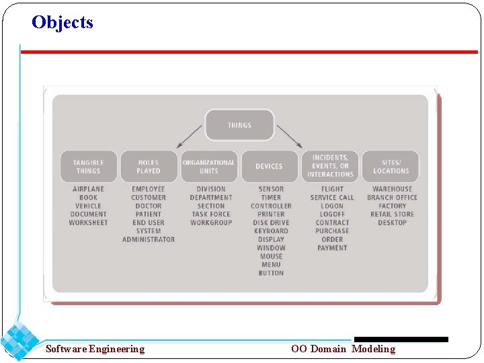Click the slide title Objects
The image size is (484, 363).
[x=62, y=22]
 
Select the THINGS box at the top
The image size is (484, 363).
[x=239, y=125]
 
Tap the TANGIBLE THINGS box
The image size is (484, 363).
[x=88, y=166]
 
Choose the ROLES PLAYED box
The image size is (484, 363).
[x=149, y=166]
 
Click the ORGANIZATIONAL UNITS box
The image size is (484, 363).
[x=208, y=166]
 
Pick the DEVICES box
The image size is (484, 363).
[x=269, y=166]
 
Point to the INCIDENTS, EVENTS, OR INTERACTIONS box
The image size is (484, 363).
[x=330, y=166]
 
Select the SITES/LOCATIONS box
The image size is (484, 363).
[x=391, y=166]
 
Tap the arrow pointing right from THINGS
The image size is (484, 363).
[x=289, y=136]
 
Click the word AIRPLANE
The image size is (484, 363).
[x=88, y=189]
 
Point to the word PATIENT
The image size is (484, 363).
[x=149, y=214]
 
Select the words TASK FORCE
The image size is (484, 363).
[x=211, y=214]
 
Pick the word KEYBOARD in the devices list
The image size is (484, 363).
[x=271, y=231]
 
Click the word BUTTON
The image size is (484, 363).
[x=271, y=273]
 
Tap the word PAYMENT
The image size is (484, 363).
[x=332, y=248]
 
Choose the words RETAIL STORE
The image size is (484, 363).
[x=392, y=214]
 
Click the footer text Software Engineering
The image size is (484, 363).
[x=95, y=349]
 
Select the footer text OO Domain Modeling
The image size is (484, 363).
[x=343, y=349]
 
